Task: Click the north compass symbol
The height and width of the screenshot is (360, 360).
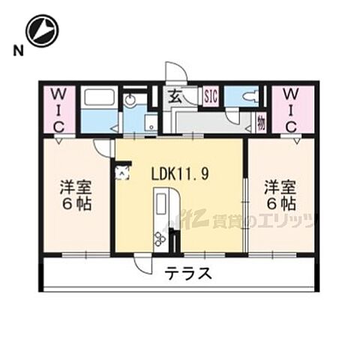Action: (41, 32)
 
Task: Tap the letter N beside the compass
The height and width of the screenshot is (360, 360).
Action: (16, 51)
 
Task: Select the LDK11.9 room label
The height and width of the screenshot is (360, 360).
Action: (179, 172)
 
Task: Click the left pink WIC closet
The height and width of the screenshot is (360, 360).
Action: (58, 109)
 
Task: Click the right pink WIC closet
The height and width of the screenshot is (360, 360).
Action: (293, 109)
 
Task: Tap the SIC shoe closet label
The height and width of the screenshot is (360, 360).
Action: (211, 96)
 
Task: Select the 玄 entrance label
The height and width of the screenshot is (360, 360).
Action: (173, 96)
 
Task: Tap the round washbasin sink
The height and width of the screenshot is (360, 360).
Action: (130, 97)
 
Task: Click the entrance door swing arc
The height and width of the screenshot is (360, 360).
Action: (175, 71)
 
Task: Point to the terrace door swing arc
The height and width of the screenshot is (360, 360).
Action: (142, 265)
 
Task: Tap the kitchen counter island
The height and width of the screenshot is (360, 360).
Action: (161, 214)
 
